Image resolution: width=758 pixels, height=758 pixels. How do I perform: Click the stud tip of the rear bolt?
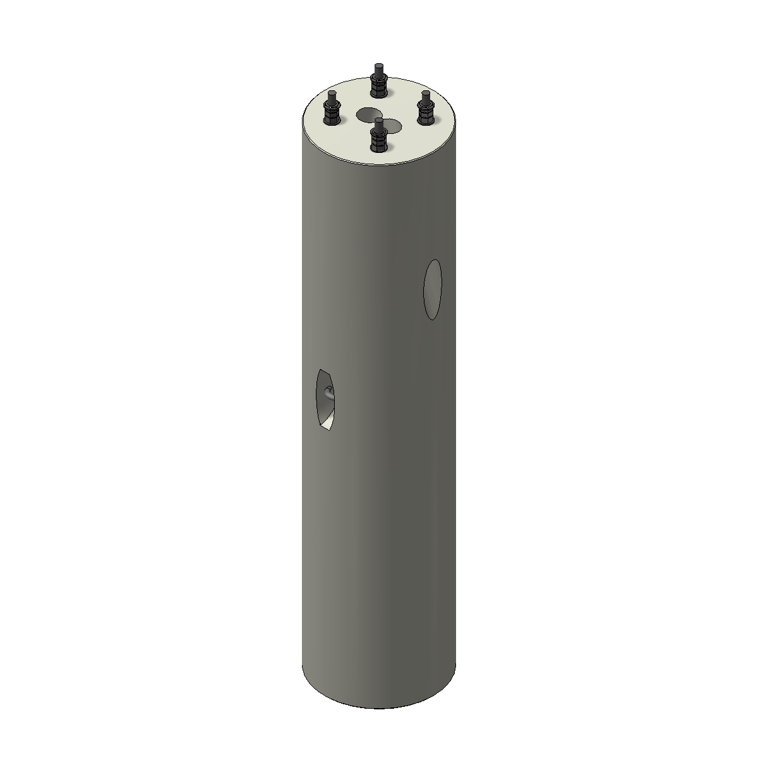tap(378, 67)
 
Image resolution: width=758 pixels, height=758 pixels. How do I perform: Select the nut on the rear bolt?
tap(378, 85)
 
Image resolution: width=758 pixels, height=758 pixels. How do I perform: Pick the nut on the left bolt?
tap(331, 112)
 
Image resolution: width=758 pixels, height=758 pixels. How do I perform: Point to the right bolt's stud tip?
tap(426, 95)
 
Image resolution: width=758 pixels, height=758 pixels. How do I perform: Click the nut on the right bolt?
tap(426, 112)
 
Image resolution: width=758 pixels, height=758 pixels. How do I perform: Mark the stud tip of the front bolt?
tap(378, 121)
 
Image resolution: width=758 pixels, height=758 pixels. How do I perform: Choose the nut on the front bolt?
tap(378, 139)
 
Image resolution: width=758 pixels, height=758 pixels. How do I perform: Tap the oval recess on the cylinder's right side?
tap(433, 289)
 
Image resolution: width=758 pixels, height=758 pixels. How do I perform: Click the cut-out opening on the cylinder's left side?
tap(325, 399)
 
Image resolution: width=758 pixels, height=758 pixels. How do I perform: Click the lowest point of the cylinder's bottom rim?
tap(379, 708)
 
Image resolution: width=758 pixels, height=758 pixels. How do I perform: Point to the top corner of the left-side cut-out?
tap(321, 370)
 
